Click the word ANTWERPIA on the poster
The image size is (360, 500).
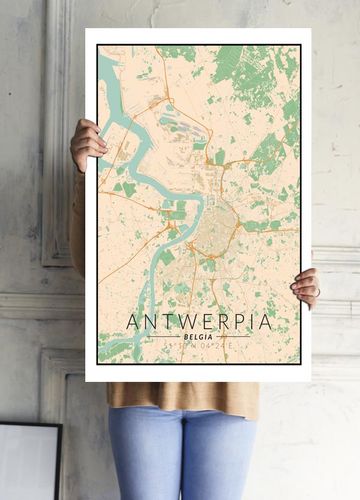click(x=199, y=322)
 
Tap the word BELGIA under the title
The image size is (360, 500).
click(x=199, y=338)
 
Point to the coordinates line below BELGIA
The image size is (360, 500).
click(x=199, y=348)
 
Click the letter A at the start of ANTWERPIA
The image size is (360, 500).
click(x=133, y=322)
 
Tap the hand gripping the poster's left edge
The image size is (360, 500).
click(x=87, y=145)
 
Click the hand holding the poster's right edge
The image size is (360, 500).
click(x=306, y=287)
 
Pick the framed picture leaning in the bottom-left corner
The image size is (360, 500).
click(x=28, y=462)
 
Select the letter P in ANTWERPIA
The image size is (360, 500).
click(x=235, y=322)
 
